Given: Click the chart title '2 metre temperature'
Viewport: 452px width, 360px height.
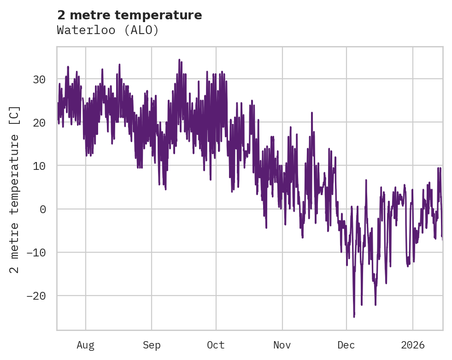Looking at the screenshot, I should [x=129, y=15].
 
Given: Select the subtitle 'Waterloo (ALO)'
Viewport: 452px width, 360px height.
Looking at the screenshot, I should [x=108, y=30].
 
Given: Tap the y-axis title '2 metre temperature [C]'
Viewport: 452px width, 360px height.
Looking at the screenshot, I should [x=15, y=189].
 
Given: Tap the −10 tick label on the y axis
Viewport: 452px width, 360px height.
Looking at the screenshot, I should [x=35, y=252].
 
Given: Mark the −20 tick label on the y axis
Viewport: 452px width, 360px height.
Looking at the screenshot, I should [x=35, y=296].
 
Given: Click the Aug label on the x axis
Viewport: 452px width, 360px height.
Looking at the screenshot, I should [x=86, y=345].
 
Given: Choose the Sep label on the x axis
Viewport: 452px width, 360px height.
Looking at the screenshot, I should [x=151, y=345].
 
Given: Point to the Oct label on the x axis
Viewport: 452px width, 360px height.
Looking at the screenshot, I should [x=216, y=345].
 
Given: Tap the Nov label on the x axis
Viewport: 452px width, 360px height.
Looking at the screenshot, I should [x=282, y=345].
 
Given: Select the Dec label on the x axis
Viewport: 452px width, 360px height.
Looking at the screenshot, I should [x=346, y=345].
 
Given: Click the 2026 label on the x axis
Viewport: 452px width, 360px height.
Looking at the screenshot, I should [x=413, y=345].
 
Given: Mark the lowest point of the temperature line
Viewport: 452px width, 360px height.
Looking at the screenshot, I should [x=354, y=317].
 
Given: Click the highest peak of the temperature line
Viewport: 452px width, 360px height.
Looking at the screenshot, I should [x=179, y=59].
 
